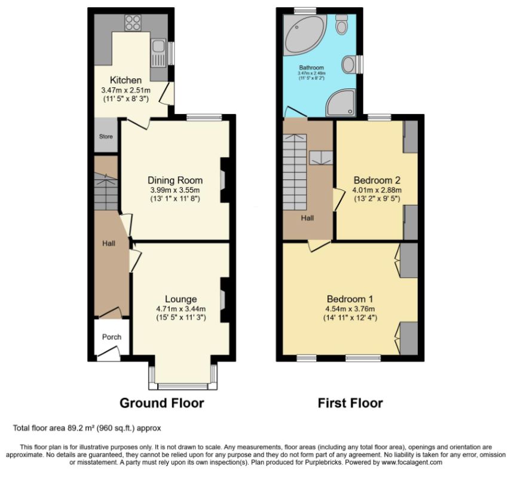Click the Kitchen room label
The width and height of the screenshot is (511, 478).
tap(126, 80)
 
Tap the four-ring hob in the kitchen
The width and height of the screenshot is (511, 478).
tap(133, 23)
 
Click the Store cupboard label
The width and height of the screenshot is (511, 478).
tap(106, 136)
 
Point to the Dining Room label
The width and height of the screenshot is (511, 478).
tap(175, 180)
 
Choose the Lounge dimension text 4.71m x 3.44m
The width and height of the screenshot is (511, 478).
tap(181, 309)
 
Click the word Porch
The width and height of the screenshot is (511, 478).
tap(112, 337)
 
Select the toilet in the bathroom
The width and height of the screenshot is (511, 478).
tap(341, 24)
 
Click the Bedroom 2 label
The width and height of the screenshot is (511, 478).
tap(377, 180)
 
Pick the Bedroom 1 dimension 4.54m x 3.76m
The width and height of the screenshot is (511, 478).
tap(350, 309)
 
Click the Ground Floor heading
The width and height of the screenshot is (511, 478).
tap(162, 403)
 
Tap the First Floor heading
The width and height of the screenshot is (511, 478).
tap(350, 403)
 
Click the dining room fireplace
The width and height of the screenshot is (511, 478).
tap(224, 180)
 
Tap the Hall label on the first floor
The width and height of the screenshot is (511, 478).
tap(307, 218)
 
